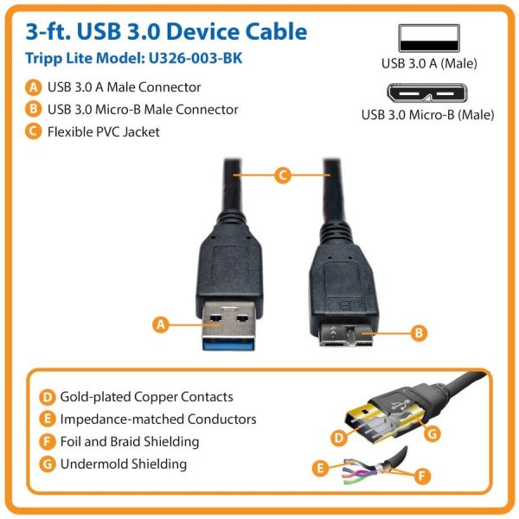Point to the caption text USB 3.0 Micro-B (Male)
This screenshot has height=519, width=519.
point(427,114)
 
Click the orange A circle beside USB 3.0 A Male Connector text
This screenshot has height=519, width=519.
point(33,87)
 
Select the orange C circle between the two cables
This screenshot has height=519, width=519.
point(281,176)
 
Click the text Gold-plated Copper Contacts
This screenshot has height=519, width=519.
point(146,397)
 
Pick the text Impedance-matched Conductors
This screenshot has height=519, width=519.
point(158,420)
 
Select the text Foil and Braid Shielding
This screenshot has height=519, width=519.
point(130,442)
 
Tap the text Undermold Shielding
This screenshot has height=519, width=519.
point(124,465)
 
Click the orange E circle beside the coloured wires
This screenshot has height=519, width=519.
point(320,468)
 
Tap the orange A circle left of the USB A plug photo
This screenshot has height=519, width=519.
point(159,325)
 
